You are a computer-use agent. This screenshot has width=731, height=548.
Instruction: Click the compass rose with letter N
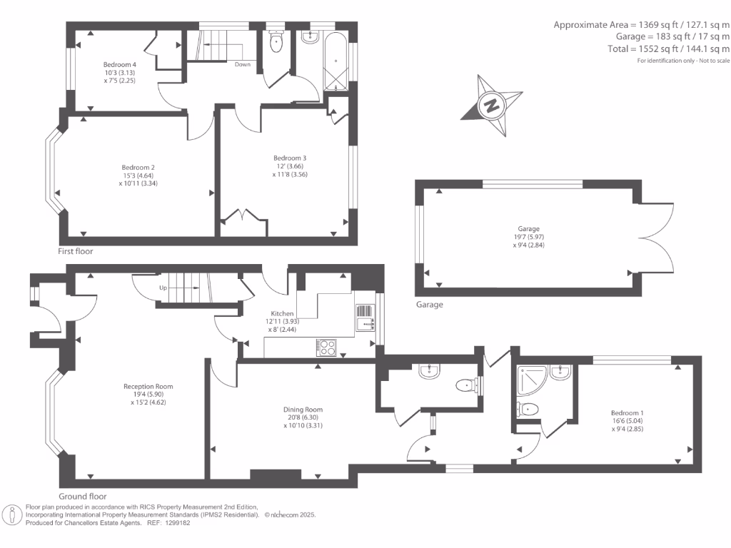[x=491, y=106]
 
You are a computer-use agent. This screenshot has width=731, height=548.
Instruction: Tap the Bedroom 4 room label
[x=120, y=65]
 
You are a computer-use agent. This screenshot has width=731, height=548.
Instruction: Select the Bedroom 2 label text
[x=138, y=167]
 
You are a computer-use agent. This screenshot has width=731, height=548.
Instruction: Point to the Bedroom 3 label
[x=290, y=158]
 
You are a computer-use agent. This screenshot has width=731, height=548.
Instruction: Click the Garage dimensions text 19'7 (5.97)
[x=529, y=237]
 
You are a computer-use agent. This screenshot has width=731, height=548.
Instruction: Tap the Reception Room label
[x=148, y=386]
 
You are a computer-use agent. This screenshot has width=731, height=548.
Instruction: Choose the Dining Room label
[x=303, y=410]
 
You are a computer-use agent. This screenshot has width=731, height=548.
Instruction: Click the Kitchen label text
[x=282, y=314]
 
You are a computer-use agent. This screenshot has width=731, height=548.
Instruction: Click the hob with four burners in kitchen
[x=326, y=347]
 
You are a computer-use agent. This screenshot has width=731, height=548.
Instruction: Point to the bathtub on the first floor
[x=336, y=62]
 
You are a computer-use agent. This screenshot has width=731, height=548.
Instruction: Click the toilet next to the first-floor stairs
[x=276, y=41]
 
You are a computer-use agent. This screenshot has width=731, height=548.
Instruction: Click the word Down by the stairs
[x=243, y=64]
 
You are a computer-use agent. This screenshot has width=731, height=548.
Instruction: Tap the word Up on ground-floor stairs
[x=163, y=288]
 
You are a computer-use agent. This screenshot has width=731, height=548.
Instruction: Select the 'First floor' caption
[x=76, y=251]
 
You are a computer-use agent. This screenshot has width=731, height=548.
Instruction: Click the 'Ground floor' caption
[x=83, y=497]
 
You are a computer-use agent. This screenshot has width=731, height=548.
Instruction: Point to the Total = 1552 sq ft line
[x=668, y=49]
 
